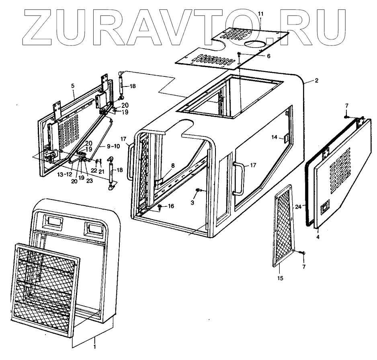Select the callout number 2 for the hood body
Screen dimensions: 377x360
point(316,81)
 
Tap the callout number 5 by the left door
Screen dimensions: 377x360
point(73,85)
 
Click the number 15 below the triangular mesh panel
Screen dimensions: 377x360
point(281,278)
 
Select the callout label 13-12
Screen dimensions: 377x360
point(64,175)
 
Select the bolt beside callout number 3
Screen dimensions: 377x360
point(199,190)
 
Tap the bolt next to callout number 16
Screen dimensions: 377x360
point(160,207)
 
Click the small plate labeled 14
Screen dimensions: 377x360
point(286,138)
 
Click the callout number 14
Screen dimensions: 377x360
point(275,137)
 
